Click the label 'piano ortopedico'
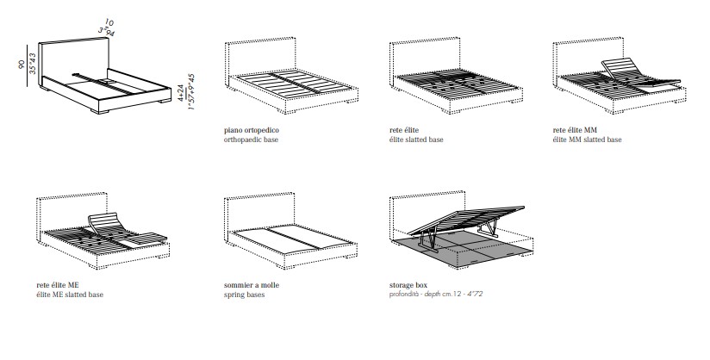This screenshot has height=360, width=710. pos(252,130)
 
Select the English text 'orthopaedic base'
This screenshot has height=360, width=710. pos(251,140)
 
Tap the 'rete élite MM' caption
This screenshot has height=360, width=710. pos(575,130)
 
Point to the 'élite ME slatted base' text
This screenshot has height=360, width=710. pos(70,295)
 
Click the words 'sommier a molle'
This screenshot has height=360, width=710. pos(252,285)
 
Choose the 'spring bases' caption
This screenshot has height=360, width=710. pos(244,295)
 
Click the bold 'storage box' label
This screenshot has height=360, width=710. pos(408,285)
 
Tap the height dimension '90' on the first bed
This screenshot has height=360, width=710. pos(22,65)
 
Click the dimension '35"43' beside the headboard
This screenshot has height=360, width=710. pos(33,64)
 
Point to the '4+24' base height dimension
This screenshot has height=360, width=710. pos(181,92)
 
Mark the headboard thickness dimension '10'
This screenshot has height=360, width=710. pos(109,22)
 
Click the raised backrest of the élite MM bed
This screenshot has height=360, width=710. pos(620,70)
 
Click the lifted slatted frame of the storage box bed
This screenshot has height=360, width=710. pos(466,220)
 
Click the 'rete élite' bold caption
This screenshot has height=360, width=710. pos(404,130)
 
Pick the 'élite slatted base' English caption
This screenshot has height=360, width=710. pos(416,140)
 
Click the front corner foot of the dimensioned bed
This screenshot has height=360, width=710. pos(101,111)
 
